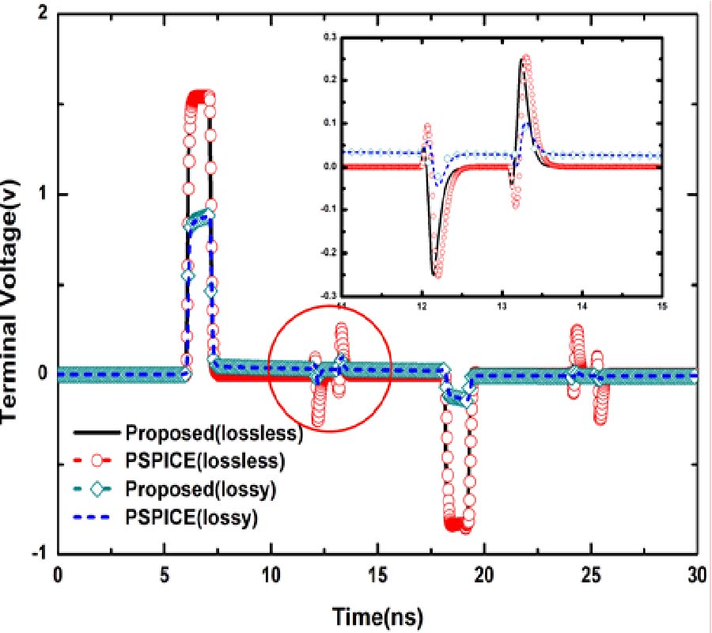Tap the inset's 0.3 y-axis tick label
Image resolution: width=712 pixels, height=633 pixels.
coord(329,36)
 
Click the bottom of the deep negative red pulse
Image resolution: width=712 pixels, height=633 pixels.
coord(456,525)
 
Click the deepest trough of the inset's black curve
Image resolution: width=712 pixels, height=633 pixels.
coord(434,274)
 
